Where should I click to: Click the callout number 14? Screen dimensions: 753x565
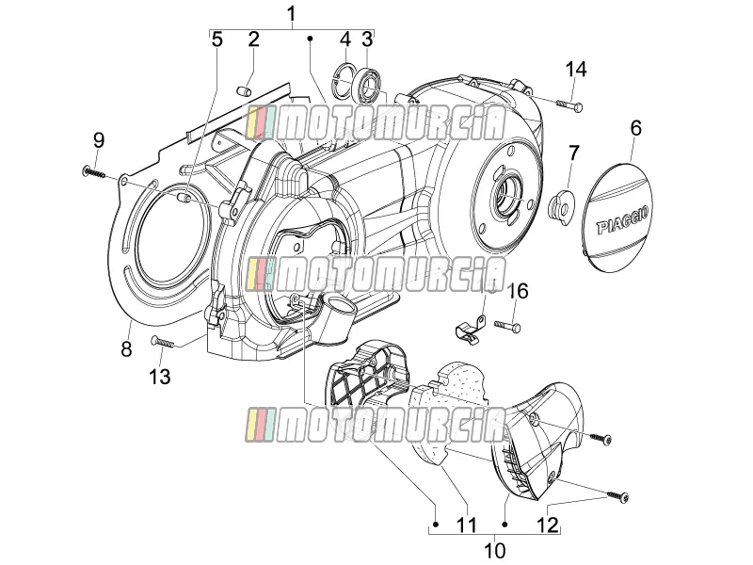575,69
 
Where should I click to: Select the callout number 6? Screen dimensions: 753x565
635,128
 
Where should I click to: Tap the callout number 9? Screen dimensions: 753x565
99,140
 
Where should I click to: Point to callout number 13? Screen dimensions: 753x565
159,376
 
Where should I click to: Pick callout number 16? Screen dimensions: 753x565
518,291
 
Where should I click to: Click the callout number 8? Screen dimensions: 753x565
126,348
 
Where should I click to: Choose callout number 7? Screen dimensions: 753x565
574,153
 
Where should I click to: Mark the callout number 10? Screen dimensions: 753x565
494,550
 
